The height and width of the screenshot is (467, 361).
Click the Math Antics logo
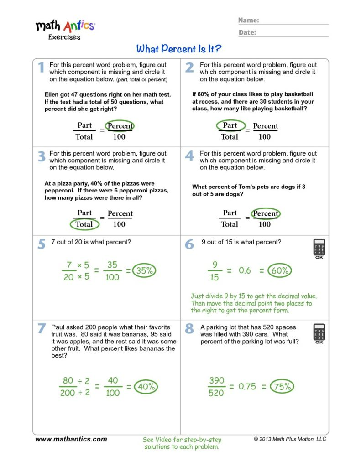click(65, 28)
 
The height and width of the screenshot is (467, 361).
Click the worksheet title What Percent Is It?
click(179, 49)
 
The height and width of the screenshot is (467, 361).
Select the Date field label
click(247, 32)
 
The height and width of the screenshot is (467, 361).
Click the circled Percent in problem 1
click(120, 126)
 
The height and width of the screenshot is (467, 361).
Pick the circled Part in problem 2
click(230, 125)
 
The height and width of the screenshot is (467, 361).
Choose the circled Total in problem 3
click(84, 224)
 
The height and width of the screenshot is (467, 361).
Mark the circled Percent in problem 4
click(265, 213)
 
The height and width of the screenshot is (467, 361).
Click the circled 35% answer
click(145, 270)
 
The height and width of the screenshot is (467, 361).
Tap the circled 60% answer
click(279, 270)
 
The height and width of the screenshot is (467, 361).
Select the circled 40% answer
click(146, 387)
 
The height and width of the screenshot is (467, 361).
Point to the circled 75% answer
click(282, 387)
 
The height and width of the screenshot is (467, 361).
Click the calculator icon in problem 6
click(319, 249)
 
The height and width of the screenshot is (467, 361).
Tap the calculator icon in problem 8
click(319, 333)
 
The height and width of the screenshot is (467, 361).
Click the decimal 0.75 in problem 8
click(247, 387)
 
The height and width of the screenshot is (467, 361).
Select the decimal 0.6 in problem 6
click(245, 270)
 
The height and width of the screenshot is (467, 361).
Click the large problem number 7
click(42, 328)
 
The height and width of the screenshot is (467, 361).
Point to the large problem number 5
click(42, 244)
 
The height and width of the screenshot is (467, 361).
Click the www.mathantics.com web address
click(71, 439)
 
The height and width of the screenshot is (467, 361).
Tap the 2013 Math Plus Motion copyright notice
click(290, 439)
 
